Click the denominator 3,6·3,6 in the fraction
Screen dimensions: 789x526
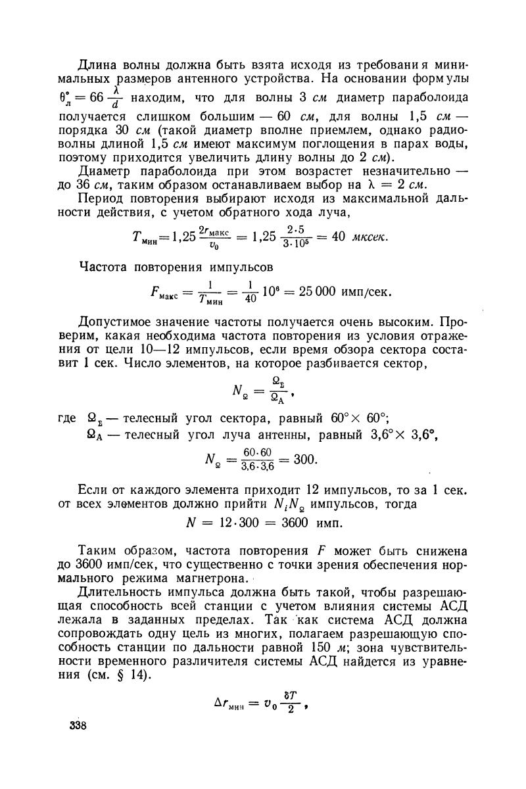259,467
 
